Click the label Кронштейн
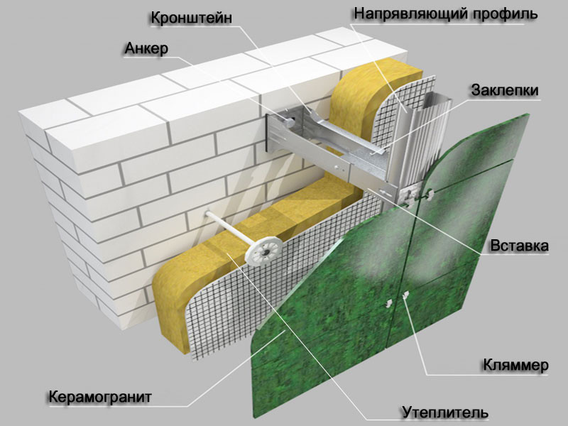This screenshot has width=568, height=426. coord(191,18)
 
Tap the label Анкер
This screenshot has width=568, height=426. coord(146,48)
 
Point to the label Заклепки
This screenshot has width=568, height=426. coord(505,90)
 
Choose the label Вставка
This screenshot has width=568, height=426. coord(519,246)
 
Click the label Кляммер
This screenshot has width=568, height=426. coord(516,365)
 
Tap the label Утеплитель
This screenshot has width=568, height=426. coord(445,413)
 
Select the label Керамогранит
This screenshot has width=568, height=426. coord(99,397)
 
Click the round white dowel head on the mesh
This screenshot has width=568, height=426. coord(263,251)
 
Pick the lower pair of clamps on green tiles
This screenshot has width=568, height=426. coord(397,300)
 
